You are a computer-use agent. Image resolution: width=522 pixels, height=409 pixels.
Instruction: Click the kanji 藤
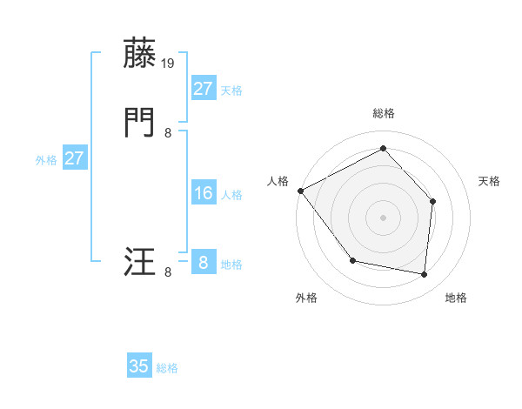point(141,54)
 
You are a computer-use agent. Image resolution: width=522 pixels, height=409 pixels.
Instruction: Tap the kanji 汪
point(141,262)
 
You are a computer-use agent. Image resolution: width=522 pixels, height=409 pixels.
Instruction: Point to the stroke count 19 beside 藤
point(169,63)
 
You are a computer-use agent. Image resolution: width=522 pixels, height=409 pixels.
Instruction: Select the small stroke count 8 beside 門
point(168,132)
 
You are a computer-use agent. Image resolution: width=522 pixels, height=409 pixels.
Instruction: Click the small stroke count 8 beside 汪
point(168,272)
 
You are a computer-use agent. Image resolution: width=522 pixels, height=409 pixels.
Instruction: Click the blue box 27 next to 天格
point(203,89)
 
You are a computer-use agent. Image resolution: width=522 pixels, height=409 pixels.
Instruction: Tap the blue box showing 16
point(203,193)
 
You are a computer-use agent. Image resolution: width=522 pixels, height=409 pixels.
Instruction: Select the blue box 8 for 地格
point(203,263)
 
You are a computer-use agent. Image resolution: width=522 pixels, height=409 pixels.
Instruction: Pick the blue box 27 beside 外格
point(74,158)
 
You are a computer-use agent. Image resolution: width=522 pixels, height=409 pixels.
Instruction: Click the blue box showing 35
point(139,366)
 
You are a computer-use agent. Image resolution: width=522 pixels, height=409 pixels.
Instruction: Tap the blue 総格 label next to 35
point(167,368)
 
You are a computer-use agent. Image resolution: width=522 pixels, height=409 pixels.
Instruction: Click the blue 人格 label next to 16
point(231,195)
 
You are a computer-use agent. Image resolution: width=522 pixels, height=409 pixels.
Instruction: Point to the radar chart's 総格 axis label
point(383,113)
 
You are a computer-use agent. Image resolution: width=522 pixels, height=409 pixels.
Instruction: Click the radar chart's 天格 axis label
point(490,181)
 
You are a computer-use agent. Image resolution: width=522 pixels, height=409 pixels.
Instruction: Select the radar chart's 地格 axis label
point(456,298)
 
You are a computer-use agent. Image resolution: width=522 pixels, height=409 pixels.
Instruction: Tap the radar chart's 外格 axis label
point(306,298)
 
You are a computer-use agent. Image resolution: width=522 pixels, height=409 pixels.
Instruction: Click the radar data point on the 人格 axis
point(300,191)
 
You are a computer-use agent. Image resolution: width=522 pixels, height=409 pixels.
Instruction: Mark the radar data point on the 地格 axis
point(424,274)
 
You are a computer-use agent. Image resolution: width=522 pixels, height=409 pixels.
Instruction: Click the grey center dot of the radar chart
point(383,217)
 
